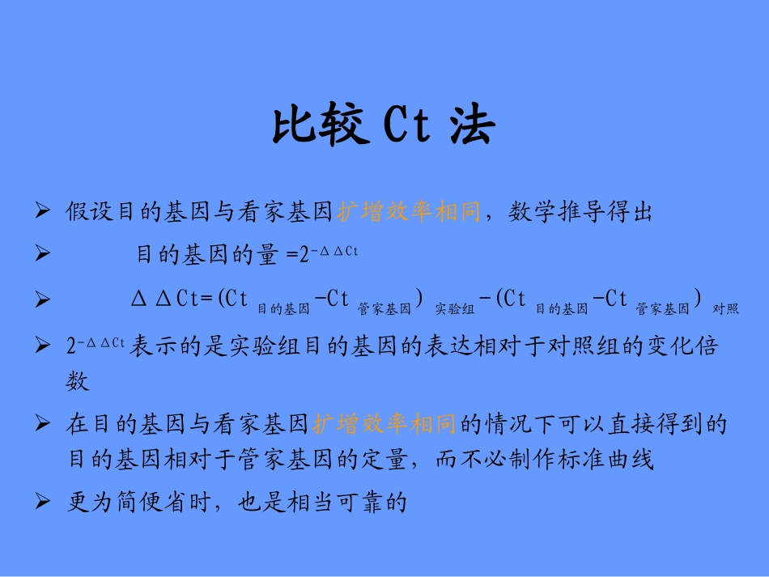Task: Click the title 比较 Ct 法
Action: click(x=382, y=127)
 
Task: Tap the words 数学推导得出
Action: click(x=580, y=213)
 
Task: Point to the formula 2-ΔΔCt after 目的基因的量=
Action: click(x=329, y=254)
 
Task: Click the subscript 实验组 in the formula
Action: click(x=455, y=308)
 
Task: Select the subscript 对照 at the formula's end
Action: click(x=725, y=308)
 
